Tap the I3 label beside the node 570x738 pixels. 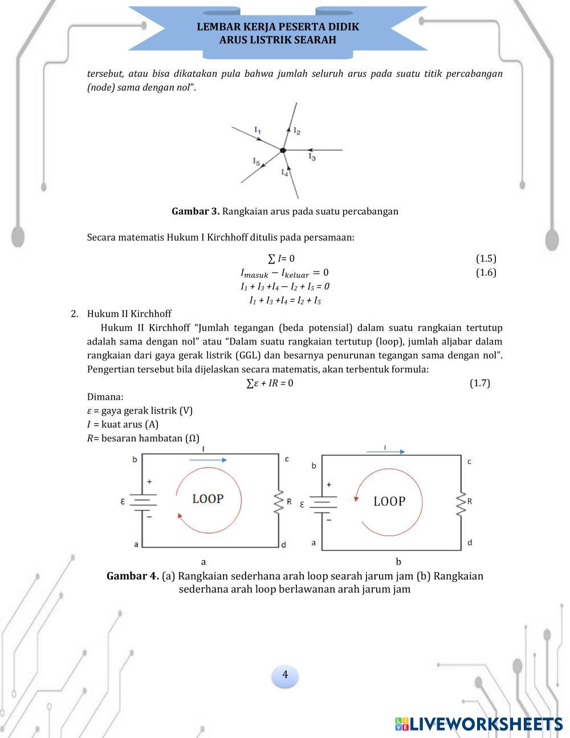click(312, 156)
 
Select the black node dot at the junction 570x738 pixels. click(283, 150)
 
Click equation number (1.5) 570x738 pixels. click(486, 258)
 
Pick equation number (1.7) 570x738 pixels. click(479, 383)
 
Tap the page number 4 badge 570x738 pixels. click(285, 675)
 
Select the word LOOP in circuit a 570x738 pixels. click(207, 499)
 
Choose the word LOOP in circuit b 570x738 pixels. click(389, 502)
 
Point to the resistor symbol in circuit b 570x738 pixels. click(461, 504)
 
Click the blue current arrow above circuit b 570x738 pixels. click(385, 452)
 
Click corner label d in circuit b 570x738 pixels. click(470, 542)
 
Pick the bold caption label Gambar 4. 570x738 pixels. click(133, 576)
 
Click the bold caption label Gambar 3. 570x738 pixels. click(196, 212)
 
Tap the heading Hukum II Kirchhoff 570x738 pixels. click(129, 314)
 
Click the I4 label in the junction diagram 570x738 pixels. click(284, 172)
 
